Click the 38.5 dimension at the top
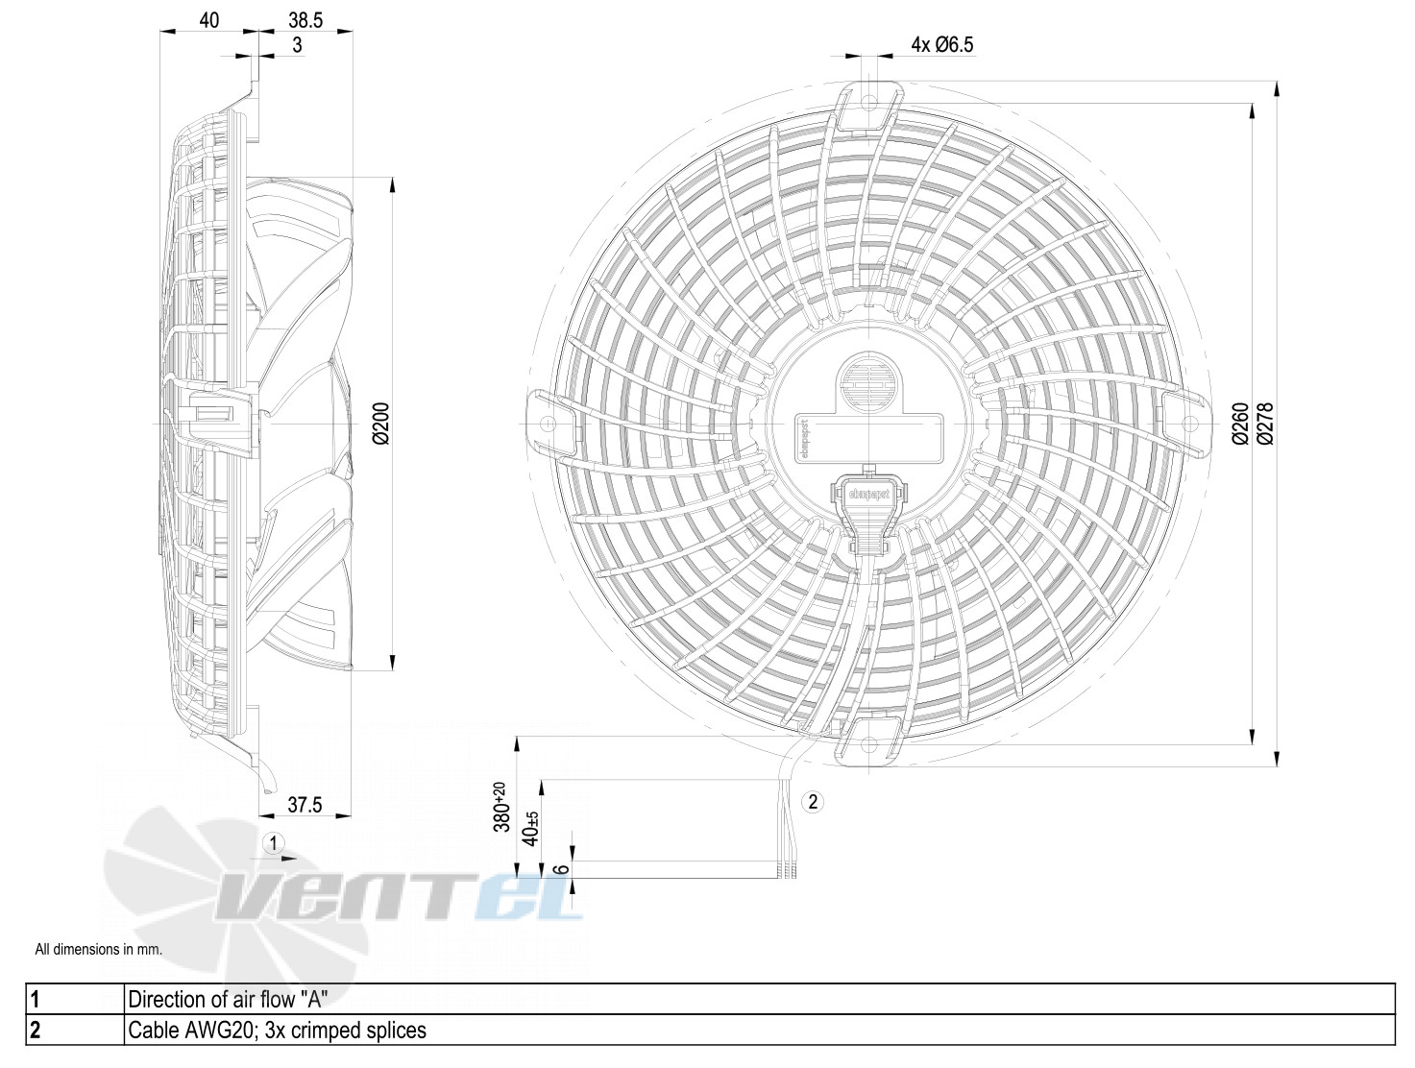305,20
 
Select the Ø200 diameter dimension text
381,424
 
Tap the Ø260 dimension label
1239,424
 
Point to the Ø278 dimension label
1265,424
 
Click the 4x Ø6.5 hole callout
941,44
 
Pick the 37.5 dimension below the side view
305,805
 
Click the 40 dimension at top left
208,20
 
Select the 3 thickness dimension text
297,45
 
